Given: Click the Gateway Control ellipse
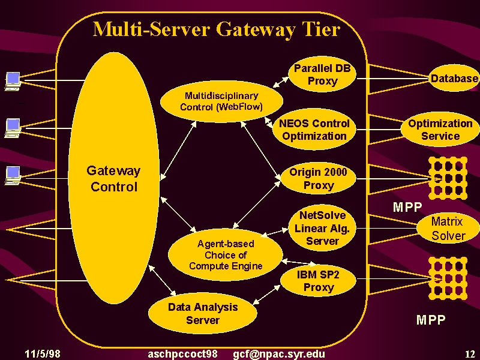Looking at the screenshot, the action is tap(113, 178).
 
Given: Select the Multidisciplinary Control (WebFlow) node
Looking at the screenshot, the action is tap(221, 101).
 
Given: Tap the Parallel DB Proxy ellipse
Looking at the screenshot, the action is tap(322, 74).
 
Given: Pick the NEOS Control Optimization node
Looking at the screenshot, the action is tap(314, 130).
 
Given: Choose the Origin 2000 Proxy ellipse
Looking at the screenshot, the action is tap(319, 178).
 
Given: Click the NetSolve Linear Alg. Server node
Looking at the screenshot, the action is tap(322, 228).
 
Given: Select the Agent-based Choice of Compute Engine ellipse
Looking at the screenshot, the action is tap(226, 254).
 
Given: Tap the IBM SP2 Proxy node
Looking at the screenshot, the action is tap(319, 281).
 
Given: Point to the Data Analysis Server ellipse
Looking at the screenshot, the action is tap(203, 313).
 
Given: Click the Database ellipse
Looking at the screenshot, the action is tap(454, 79).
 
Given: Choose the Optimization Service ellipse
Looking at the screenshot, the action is tap(440, 130).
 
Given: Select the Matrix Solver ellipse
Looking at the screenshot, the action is tap(448, 229).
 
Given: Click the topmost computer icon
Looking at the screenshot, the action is tap(13, 82).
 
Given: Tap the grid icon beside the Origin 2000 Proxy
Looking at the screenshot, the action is tap(448, 178).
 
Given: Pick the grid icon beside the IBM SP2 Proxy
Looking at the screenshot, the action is tap(448, 278).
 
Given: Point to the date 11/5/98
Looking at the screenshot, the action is tap(43, 354).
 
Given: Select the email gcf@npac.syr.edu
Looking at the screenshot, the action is tap(279, 354).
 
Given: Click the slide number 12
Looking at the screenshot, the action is tap(470, 354).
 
